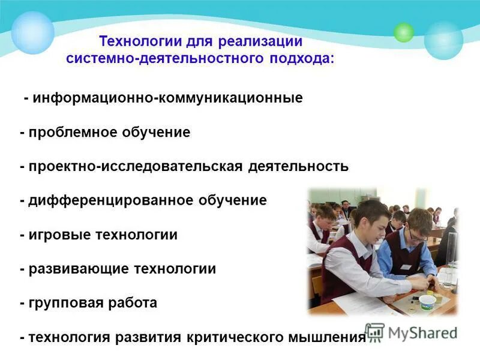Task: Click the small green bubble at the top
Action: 404,32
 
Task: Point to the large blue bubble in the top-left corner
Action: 32,33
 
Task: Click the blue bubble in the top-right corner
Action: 443,40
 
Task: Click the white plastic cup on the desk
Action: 427,301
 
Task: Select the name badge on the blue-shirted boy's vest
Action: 405,267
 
